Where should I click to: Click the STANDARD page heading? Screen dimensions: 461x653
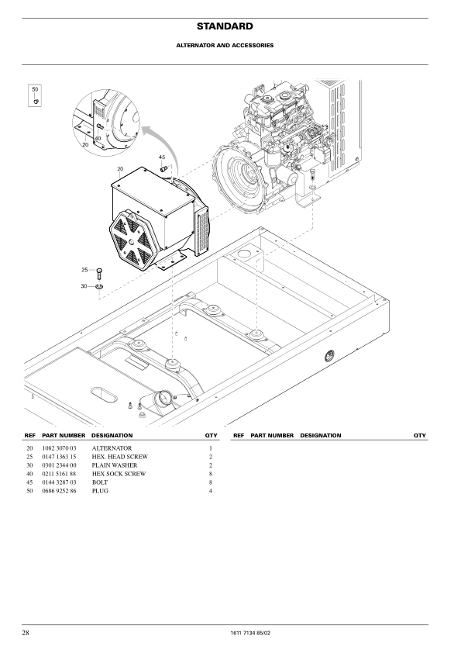[225, 26]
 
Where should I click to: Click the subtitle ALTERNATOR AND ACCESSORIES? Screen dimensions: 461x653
[225, 46]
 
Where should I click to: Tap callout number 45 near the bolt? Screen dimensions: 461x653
[162, 157]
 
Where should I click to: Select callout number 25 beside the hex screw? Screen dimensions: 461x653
[84, 270]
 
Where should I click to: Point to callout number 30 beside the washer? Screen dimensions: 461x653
[84, 286]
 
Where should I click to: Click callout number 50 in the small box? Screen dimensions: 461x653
[35, 89]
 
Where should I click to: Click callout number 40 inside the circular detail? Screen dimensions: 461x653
[98, 138]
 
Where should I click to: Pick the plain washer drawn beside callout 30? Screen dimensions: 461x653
[99, 286]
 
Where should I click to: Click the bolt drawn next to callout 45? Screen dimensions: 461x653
[164, 168]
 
